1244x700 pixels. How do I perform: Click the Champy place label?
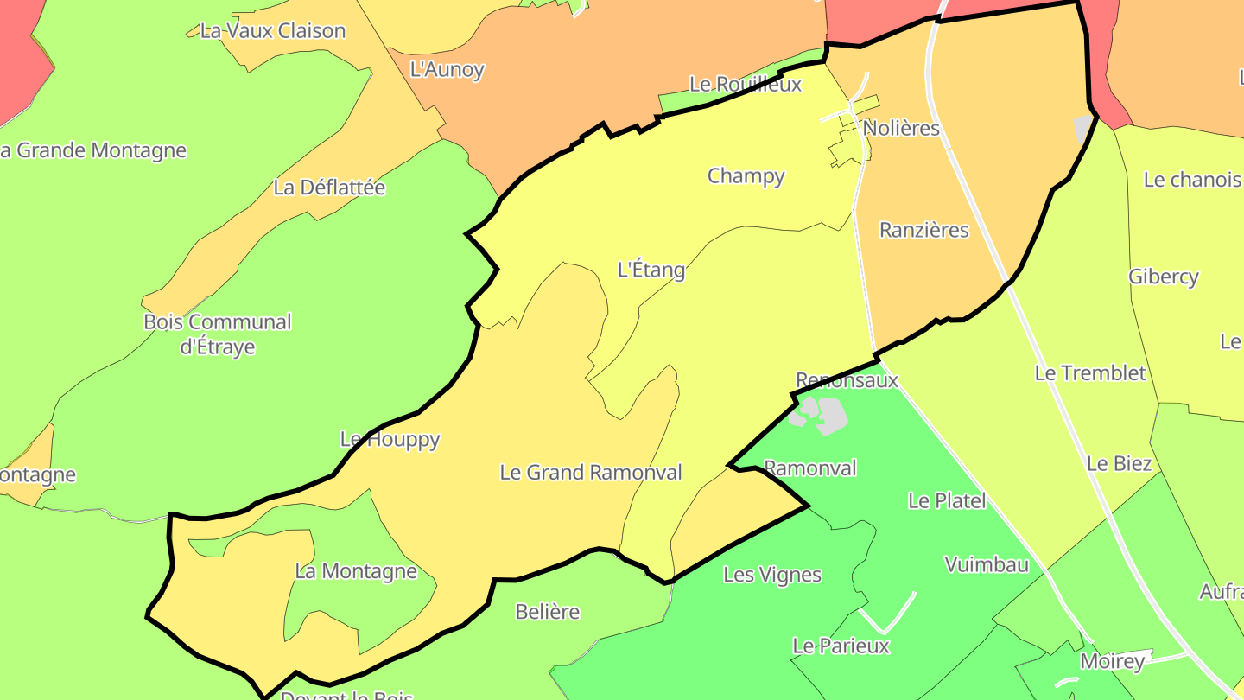pos(746,176)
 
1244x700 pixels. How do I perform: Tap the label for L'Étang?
pos(651,270)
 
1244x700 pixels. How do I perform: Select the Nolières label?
pos(901,129)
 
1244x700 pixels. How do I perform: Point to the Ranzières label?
pos(923,231)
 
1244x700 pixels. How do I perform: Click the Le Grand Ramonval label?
pos(591,473)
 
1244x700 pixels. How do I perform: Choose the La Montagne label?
pos(356,571)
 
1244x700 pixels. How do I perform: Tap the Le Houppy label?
pos(390,440)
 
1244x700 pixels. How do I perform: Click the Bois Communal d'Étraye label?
pos(218,334)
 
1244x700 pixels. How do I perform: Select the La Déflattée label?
pos(329,188)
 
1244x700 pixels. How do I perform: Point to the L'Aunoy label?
pos(447,70)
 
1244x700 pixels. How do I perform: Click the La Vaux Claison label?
pos(273,31)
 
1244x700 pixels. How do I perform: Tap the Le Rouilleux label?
pos(745,85)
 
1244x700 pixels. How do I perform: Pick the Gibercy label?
pos(1164,277)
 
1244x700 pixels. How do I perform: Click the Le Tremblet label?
pos(1090,373)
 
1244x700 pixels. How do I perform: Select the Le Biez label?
pos(1119,464)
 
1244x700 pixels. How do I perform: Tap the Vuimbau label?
pos(987,565)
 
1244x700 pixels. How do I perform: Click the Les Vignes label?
pos(772,575)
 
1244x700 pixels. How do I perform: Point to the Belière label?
pos(547,612)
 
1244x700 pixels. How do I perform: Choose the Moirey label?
pos(1113,662)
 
